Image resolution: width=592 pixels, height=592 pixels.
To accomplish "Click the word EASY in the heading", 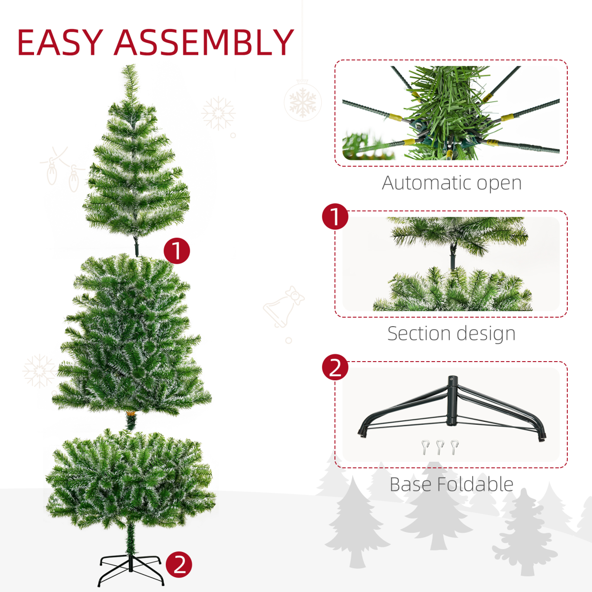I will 60,43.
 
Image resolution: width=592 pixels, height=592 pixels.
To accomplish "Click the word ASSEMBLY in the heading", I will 204,43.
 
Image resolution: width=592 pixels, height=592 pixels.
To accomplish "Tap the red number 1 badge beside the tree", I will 177,251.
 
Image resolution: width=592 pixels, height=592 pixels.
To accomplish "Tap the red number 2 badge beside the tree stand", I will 179,564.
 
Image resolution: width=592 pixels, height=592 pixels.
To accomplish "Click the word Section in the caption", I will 415,333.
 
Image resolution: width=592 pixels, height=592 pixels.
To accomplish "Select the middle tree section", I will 132,335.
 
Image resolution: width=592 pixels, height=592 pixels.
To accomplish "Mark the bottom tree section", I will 131,479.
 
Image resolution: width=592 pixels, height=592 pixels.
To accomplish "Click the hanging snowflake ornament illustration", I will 302,102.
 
